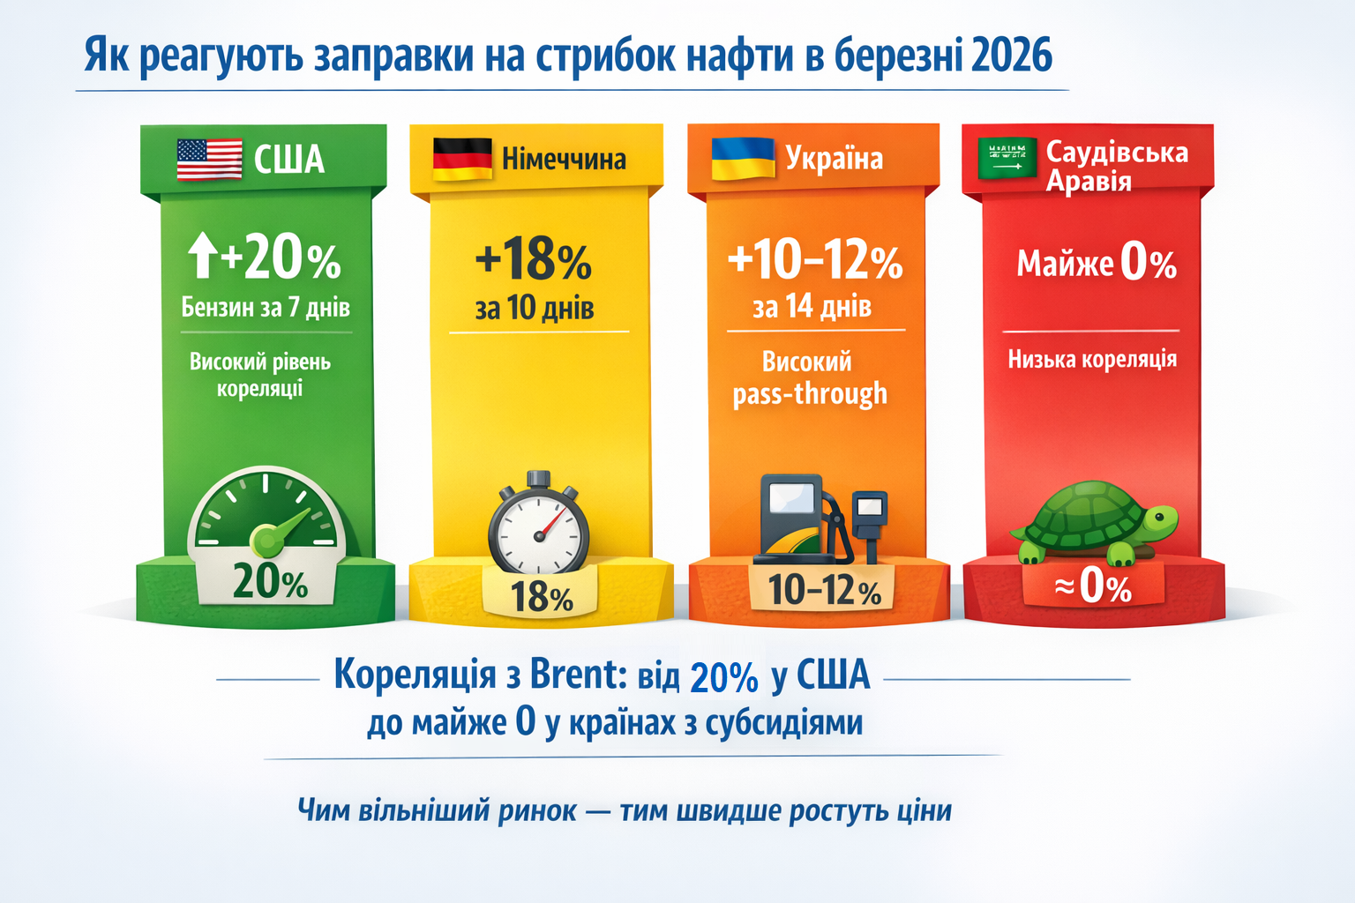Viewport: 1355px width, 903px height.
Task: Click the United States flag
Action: [x=209, y=159]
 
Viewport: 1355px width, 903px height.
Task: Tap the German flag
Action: [x=462, y=159]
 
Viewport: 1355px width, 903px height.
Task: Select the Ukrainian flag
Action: [x=743, y=159]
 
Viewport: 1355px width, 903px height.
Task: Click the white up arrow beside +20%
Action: [x=202, y=255]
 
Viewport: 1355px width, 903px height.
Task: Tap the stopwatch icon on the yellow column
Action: [x=538, y=525]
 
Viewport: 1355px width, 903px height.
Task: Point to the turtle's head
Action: [x=1161, y=520]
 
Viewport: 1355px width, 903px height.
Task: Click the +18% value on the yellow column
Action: [x=534, y=260]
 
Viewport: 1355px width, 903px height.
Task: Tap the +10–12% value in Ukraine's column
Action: [x=814, y=260]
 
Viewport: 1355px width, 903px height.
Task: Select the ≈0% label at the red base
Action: [x=1093, y=586]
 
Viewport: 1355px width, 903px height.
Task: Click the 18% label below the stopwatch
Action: [x=541, y=597]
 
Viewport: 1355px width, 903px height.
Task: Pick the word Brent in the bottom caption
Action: [x=578, y=675]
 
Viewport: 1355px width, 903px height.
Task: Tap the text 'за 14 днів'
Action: [x=812, y=307]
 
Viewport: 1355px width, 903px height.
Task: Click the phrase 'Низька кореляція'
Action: [x=1092, y=359]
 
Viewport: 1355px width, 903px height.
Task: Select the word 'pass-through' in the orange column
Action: [x=809, y=393]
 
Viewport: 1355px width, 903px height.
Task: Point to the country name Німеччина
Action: [x=564, y=159]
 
